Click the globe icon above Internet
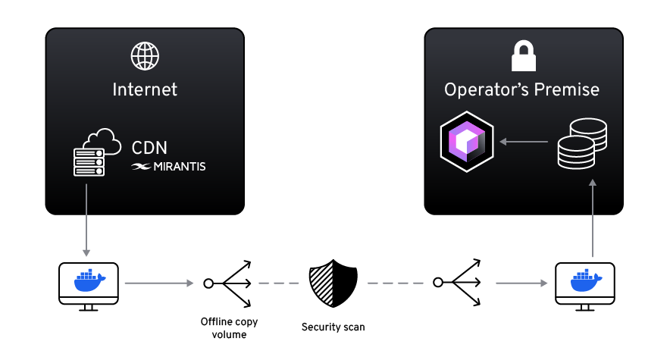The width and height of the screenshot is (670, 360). (x=145, y=56)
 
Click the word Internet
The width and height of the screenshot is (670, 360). (x=145, y=89)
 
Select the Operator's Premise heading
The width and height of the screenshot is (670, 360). (x=521, y=89)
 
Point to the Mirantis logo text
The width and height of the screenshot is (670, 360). (x=168, y=166)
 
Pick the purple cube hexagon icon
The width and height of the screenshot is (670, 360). (x=467, y=140)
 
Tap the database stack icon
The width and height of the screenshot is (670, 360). (x=581, y=144)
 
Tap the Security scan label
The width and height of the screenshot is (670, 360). (x=333, y=327)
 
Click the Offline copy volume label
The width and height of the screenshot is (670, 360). (x=224, y=327)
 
